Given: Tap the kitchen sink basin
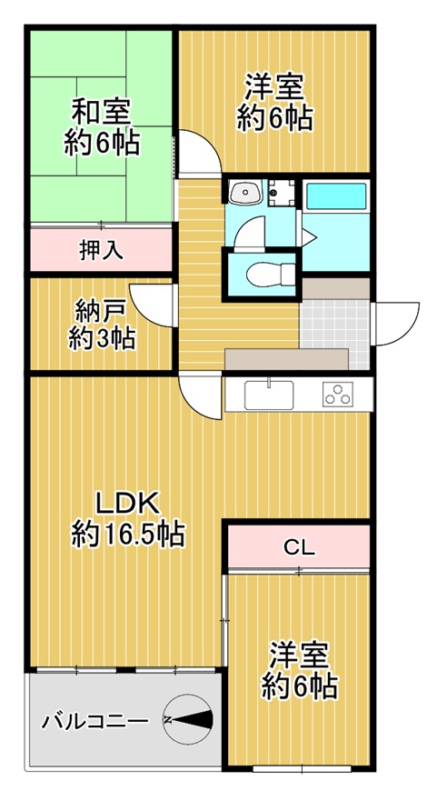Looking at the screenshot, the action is (x=268, y=395).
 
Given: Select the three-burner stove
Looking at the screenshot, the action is (x=337, y=395).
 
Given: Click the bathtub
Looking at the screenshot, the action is (x=335, y=196).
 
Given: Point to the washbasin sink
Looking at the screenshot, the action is (x=244, y=193).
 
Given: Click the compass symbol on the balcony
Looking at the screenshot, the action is (x=188, y=719).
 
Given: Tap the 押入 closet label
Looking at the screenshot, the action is (x=101, y=250).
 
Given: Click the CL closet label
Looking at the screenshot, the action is (x=299, y=547).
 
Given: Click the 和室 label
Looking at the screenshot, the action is (x=101, y=113).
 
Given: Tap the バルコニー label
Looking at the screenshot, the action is (x=94, y=721).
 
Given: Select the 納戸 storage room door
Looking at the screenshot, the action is (x=153, y=305).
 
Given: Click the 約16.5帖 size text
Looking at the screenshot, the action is (x=128, y=535).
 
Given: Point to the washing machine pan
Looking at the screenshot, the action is (x=282, y=193).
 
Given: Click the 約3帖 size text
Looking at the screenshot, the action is (x=102, y=338).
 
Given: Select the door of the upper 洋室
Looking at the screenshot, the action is (x=199, y=152).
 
